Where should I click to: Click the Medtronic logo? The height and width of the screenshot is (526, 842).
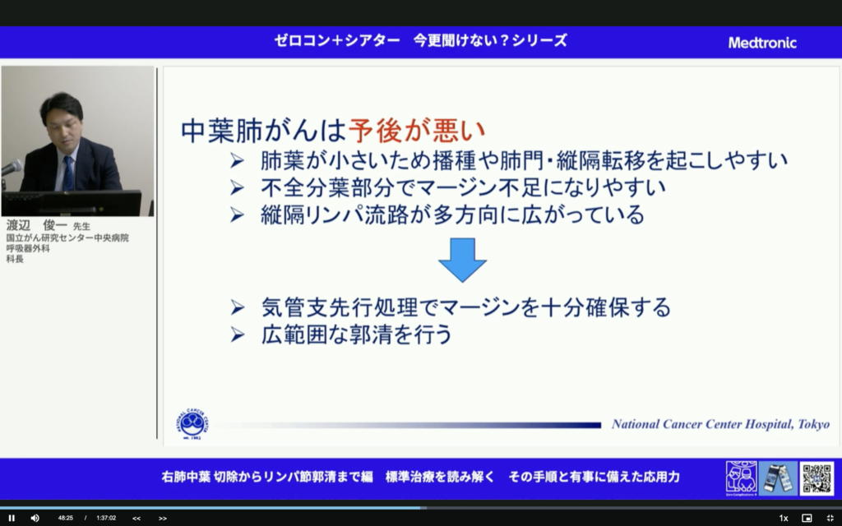point(761,43)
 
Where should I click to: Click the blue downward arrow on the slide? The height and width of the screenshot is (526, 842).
point(462,260)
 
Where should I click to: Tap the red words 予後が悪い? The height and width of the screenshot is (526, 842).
point(417,130)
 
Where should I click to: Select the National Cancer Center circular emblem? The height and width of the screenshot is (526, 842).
point(192,424)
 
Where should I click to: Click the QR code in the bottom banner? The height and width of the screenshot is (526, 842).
point(817,478)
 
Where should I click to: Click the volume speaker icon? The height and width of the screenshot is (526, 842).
point(35,518)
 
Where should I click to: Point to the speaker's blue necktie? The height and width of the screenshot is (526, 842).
point(68,173)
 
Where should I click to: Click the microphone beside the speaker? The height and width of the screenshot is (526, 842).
point(12,168)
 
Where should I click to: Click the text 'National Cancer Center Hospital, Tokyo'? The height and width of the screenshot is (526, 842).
point(720,424)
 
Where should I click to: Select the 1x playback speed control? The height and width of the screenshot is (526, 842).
point(784,518)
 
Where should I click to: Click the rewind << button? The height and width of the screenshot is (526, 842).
point(136,518)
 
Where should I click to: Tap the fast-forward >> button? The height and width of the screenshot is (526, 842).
point(163,518)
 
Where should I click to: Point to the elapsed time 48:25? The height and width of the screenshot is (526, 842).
point(66,518)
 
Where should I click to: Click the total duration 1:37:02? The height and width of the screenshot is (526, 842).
point(106,518)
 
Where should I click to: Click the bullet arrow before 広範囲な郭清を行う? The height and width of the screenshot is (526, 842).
point(238,335)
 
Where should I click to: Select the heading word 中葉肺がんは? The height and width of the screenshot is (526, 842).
point(263,130)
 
